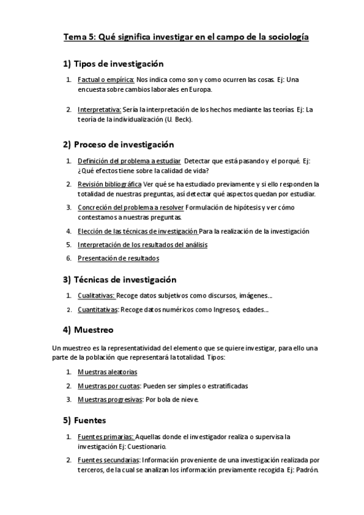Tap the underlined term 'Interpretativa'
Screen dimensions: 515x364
99,110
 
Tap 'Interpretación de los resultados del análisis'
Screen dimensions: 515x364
142,244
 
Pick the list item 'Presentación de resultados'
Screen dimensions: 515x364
118,258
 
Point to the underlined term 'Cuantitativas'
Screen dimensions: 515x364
98,310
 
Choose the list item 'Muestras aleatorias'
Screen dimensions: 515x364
107,372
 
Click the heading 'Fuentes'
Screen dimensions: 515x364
90,420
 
